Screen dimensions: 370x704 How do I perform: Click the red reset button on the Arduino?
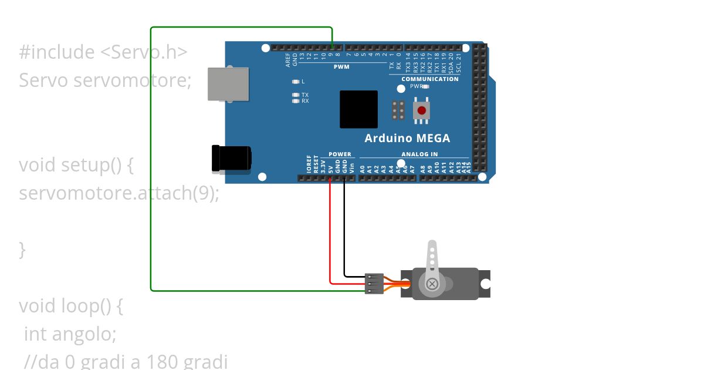421,110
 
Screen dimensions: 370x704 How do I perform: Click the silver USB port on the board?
228,84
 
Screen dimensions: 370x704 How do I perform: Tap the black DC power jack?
231,159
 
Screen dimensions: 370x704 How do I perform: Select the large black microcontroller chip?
358,109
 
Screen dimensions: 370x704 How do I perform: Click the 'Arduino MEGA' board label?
407,139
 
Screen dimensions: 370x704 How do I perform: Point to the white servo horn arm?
432,258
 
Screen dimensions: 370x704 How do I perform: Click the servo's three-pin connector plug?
374,283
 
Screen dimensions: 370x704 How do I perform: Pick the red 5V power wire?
330,235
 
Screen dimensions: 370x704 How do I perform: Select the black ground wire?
344,235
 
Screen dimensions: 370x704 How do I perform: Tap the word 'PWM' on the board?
341,67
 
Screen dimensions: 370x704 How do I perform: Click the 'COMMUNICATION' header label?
430,79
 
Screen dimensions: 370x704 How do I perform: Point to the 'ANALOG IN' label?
419,154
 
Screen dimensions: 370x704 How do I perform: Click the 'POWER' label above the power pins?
340,154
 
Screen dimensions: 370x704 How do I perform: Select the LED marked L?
296,81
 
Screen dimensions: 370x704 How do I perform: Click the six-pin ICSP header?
398,110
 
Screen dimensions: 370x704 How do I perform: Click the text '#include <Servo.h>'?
103,52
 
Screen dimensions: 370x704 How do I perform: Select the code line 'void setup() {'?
76,165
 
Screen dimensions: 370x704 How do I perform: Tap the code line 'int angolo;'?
70,334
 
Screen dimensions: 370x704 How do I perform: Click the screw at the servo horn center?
432,284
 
